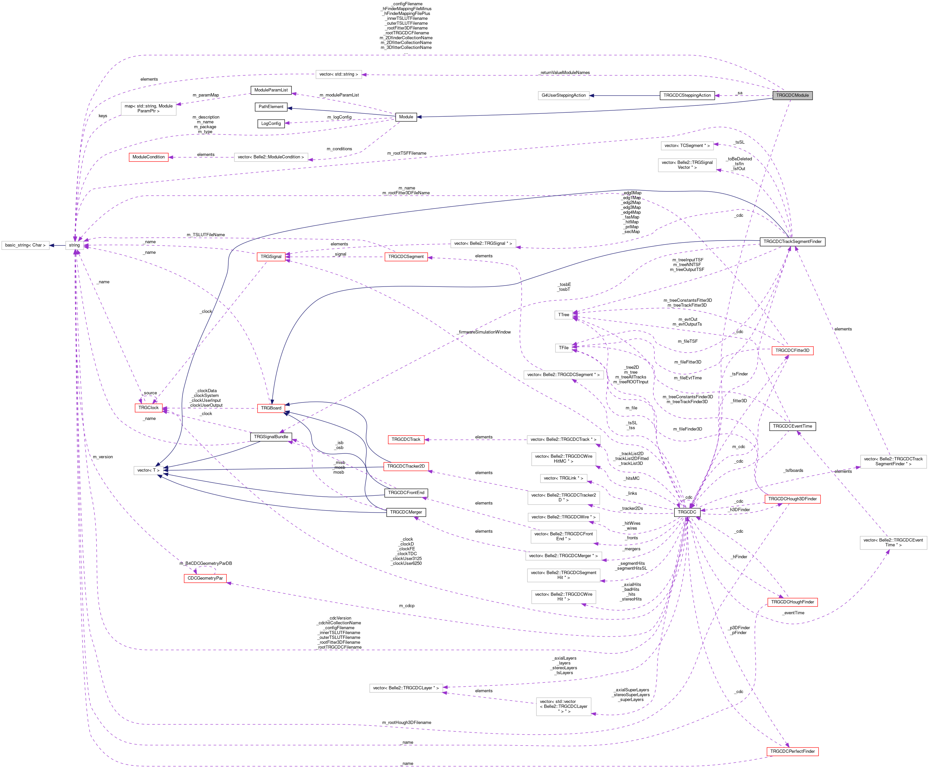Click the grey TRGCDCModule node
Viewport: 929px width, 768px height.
tap(792, 96)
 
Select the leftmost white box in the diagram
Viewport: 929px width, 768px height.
tap(25, 246)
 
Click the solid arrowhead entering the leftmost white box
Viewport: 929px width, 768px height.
tap(51, 246)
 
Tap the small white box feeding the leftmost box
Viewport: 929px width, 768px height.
tap(74, 246)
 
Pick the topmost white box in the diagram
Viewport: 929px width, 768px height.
tap(338, 75)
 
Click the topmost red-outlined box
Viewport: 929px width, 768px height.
tap(149, 158)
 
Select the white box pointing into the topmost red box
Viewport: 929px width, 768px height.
tap(271, 158)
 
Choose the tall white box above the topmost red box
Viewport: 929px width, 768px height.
tap(149, 109)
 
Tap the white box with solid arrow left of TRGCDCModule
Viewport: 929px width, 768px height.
tap(563, 96)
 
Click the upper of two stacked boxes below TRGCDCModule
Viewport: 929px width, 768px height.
tap(687, 146)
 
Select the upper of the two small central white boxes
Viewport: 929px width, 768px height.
tap(563, 315)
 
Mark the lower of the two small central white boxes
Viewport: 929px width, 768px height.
tap(563, 348)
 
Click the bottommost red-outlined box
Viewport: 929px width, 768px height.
tap(792, 751)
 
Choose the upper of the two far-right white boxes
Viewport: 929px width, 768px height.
tap(893, 461)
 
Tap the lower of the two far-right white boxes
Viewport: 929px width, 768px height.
tap(893, 543)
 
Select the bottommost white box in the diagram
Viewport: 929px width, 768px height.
tap(563, 707)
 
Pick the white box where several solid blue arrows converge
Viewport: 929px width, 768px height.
tap(149, 471)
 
